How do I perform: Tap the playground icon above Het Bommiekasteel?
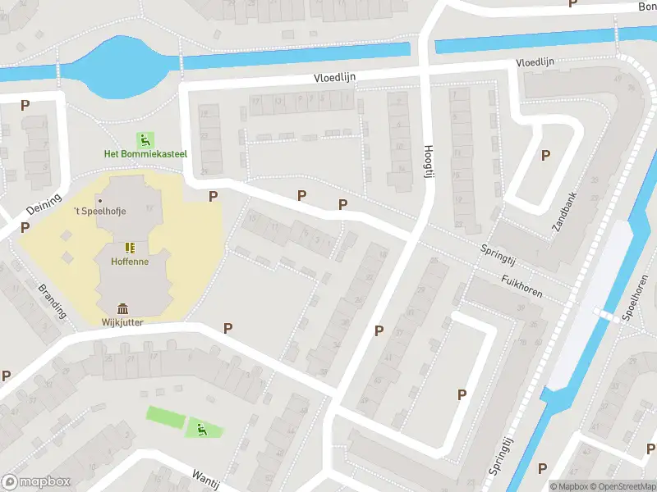[x=145, y=140]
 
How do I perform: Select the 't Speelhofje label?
[x=100, y=211]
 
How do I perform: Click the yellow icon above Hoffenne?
[x=130, y=247]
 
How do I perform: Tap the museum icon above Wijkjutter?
[x=123, y=308]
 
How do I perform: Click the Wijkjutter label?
[x=123, y=322]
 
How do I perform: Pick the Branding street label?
[x=50, y=300]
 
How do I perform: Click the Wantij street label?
[x=205, y=479]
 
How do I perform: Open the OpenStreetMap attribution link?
[x=622, y=486]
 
